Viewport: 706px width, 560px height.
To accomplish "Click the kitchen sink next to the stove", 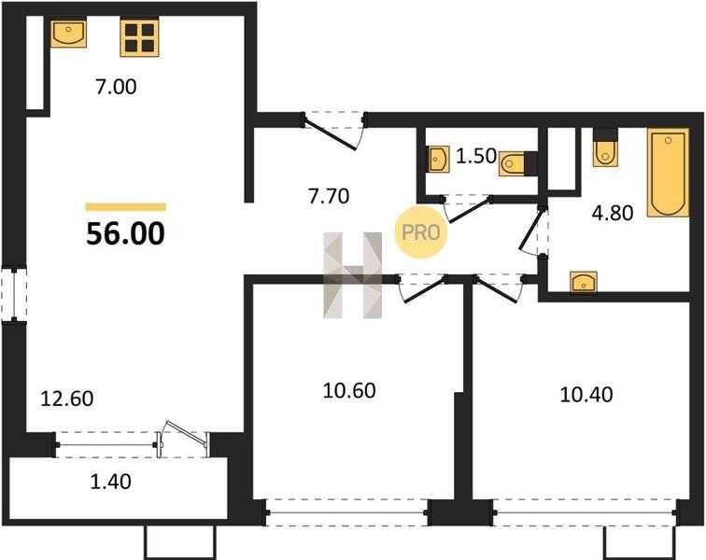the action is tap(68, 33).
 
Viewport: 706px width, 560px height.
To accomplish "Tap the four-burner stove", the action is tap(139, 38).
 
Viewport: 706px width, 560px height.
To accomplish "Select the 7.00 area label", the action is tap(116, 87).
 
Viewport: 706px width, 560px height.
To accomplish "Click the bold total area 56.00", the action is tap(126, 233).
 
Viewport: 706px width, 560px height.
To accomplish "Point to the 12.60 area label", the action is tap(67, 399).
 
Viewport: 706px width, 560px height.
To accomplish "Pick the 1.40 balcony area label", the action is tap(111, 482).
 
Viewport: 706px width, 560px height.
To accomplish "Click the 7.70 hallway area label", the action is tap(329, 196).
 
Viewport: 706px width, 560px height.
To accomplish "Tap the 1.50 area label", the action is tap(476, 156).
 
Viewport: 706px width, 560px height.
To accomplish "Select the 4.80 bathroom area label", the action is tap(613, 213).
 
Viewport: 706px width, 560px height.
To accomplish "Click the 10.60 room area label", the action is tap(349, 391).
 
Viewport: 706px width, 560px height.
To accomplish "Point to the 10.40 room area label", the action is tap(586, 395).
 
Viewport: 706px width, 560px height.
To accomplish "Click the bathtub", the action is tap(669, 173).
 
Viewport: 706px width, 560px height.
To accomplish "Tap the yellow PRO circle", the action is tap(421, 232).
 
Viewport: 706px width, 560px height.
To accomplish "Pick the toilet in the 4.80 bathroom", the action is tap(605, 147).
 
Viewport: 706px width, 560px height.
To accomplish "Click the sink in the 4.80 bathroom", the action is tap(584, 282).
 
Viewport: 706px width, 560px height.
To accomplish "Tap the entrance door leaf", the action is tap(331, 133).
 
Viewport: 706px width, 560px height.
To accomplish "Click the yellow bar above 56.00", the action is tap(126, 207).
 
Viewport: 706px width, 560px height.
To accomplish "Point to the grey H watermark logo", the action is tap(353, 275).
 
